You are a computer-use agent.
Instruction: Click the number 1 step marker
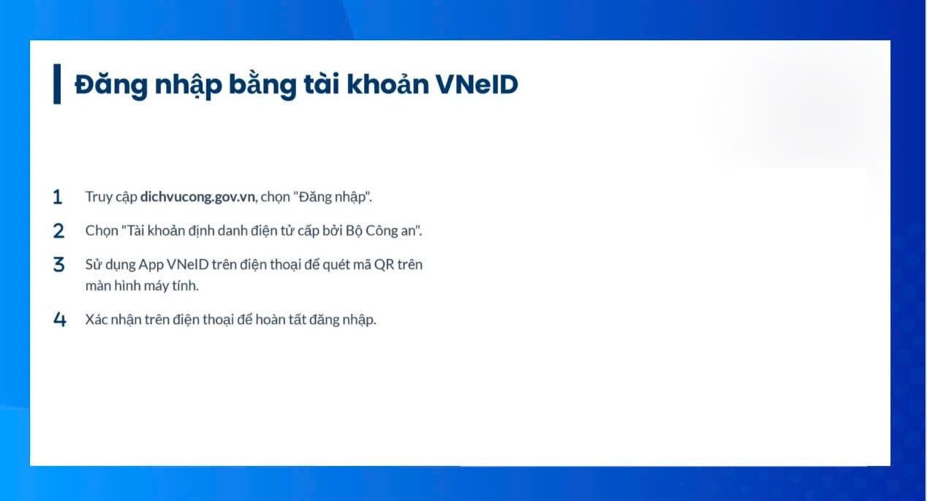58,197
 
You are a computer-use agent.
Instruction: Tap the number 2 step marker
58,231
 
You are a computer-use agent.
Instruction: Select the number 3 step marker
58,265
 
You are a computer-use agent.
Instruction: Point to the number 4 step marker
60,320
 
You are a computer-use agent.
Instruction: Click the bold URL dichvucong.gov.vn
198,197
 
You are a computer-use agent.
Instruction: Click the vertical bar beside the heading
57,84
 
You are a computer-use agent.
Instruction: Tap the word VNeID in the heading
477,84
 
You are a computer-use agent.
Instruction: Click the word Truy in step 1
99,197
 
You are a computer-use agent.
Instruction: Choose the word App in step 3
151,265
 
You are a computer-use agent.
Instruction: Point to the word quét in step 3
336,265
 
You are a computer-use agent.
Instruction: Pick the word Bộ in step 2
354,231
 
